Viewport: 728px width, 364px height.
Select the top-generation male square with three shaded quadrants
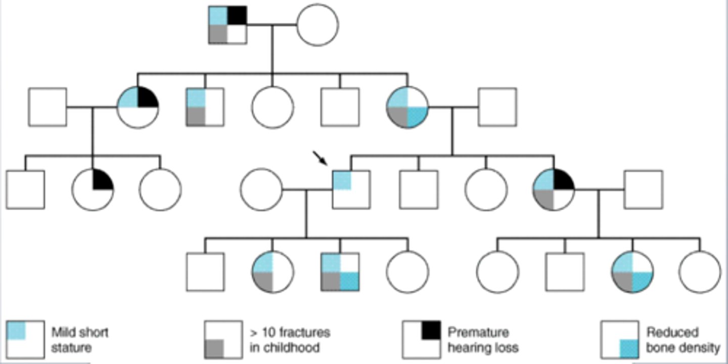228,25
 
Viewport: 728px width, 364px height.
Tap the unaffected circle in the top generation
317,25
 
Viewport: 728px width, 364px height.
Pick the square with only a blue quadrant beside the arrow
351,190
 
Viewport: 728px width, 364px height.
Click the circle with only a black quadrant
93,190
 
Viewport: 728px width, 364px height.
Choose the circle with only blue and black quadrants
138,107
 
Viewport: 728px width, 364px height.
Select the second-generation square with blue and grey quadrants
205,107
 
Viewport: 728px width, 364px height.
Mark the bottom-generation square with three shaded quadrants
340,272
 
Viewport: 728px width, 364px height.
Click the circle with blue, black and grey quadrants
554,190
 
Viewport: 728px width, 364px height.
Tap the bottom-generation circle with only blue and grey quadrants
272,272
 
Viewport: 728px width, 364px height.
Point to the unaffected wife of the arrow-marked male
261,190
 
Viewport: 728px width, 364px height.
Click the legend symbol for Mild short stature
25,340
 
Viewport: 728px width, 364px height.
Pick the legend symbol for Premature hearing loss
422,340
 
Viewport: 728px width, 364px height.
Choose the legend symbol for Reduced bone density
620,340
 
